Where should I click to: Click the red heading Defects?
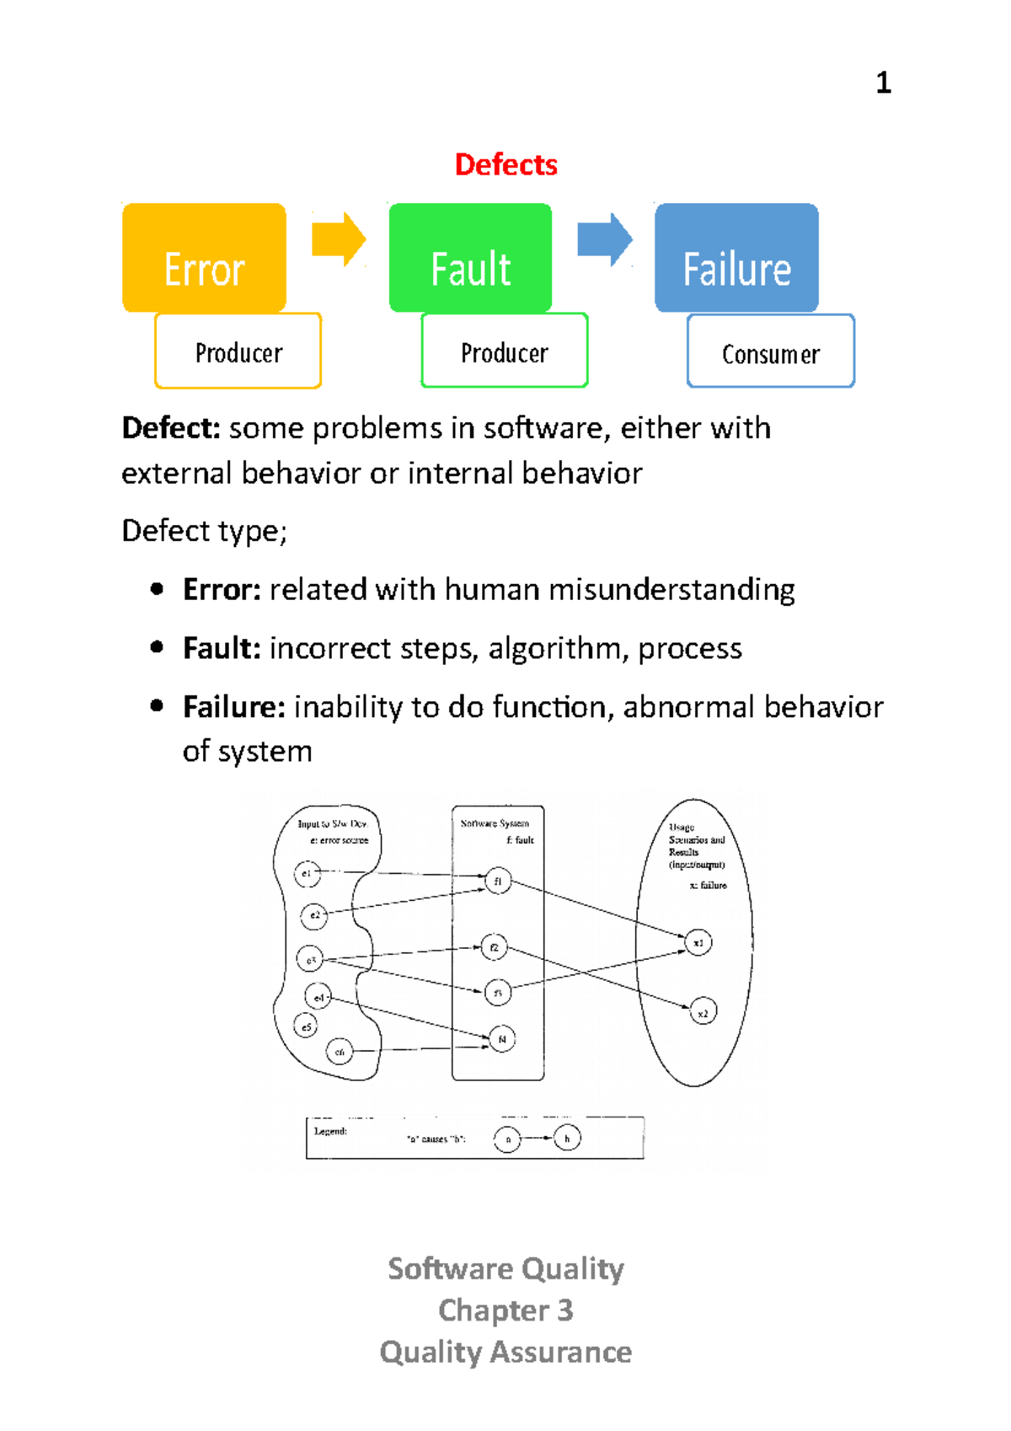[x=505, y=164]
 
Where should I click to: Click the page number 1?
[x=883, y=83]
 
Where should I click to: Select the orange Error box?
[x=204, y=258]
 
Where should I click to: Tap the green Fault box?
[x=470, y=258]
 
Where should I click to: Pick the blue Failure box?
[x=736, y=258]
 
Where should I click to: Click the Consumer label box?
[x=770, y=351]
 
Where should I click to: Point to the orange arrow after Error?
[x=339, y=240]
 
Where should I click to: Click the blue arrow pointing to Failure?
[x=604, y=240]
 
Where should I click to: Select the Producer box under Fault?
[x=504, y=351]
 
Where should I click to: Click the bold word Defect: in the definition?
[x=171, y=428]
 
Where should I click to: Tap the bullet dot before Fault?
[x=157, y=647]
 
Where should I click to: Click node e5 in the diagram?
[x=306, y=1026]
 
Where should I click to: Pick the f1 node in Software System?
[x=498, y=882]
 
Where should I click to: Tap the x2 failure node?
[x=703, y=1012]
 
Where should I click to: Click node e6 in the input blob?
[x=340, y=1051]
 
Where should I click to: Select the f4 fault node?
[x=501, y=1039]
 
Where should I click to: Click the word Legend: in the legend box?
[x=330, y=1131]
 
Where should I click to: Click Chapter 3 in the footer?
[x=505, y=1310]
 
